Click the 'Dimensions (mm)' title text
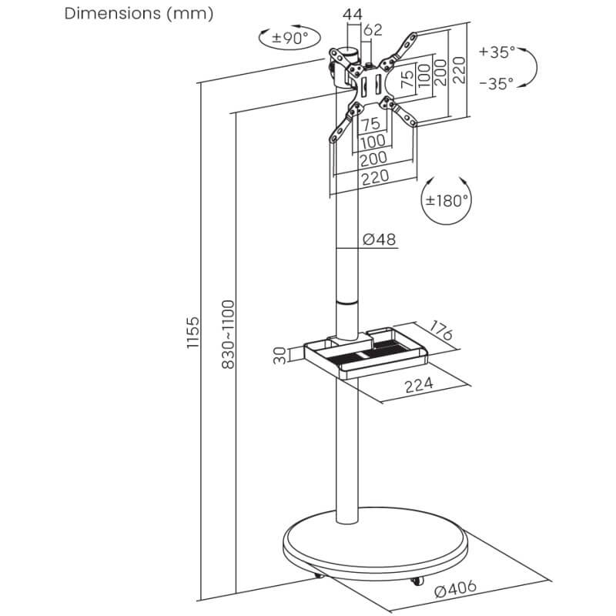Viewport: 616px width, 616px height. (x=139, y=14)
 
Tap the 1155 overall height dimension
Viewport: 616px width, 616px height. (x=193, y=333)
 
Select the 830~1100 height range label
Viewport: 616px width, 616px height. (x=228, y=334)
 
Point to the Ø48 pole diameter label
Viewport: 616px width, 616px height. (x=379, y=239)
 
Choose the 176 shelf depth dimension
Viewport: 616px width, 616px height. (x=441, y=330)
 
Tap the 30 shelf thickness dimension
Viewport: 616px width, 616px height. (x=280, y=356)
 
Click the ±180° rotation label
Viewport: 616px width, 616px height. (x=447, y=201)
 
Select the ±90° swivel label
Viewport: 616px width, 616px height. (x=290, y=38)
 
